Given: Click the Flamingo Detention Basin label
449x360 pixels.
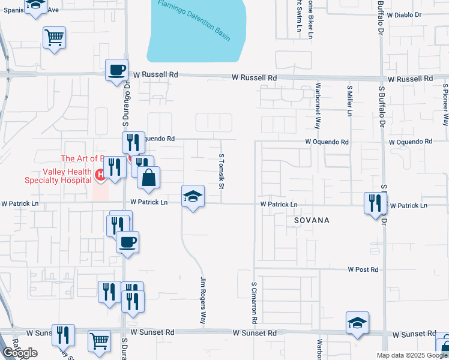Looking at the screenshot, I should (x=194, y=20).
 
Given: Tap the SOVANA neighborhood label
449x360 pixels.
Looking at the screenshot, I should (x=312, y=220).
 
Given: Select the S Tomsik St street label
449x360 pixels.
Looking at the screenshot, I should (x=221, y=171).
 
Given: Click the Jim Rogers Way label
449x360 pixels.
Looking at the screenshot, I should (x=203, y=301).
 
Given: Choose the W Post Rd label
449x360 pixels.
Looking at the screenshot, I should (x=364, y=270).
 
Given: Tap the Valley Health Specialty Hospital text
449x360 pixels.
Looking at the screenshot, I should (x=58, y=175).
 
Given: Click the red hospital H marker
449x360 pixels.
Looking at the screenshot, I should (x=101, y=175).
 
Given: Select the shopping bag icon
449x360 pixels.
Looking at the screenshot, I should (x=149, y=178).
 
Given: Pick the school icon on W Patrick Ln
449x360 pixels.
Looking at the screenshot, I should (x=193, y=196).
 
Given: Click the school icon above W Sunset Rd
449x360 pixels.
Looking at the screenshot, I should (x=357, y=322).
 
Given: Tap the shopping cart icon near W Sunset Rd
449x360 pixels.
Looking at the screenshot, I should (x=100, y=340).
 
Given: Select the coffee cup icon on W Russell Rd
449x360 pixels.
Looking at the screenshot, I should (x=117, y=70).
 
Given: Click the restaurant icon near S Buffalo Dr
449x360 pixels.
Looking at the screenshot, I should (x=375, y=203).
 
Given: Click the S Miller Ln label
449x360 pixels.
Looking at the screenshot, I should (x=349, y=100).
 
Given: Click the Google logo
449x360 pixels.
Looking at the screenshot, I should (x=19, y=353).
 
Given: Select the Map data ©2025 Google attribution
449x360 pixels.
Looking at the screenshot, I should (x=411, y=355).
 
